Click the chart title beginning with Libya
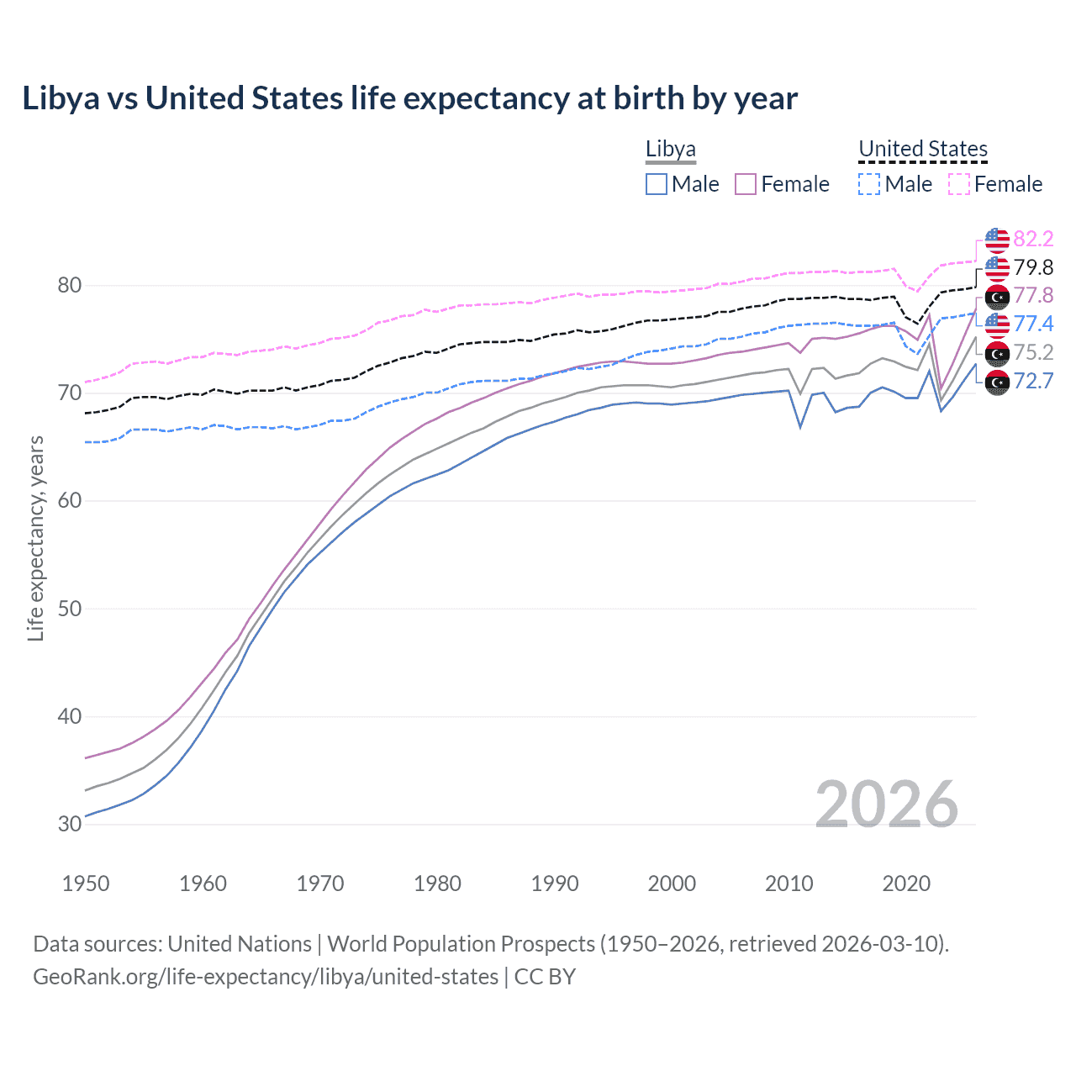[x=409, y=98]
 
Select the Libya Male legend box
[x=657, y=184]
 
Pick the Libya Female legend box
[x=746, y=184]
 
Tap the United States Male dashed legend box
[x=869, y=184]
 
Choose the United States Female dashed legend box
[x=958, y=184]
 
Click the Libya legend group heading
[x=670, y=150]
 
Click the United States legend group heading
[x=922, y=150]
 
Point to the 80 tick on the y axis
[x=70, y=286]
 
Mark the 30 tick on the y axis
[x=70, y=825]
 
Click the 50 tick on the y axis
[x=70, y=609]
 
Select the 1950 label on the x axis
[x=86, y=883]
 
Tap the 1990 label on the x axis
[x=555, y=883]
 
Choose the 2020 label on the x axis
[x=906, y=883]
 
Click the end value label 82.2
[x=1033, y=240]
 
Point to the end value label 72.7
[x=1033, y=382]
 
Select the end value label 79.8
[x=1033, y=268]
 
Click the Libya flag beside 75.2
[x=997, y=353]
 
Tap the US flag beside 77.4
[x=997, y=324]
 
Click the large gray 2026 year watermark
[x=886, y=804]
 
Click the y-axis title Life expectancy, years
[x=35, y=538]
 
